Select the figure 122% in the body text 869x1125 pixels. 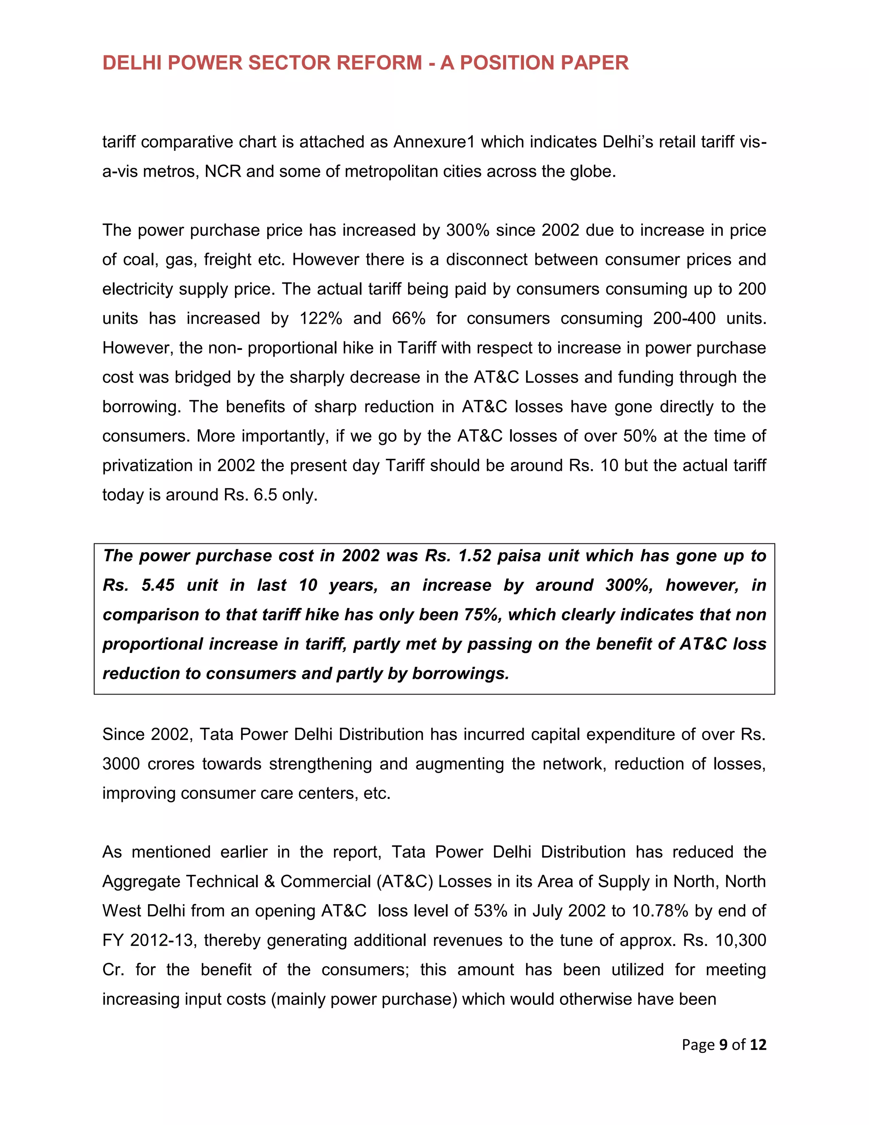tap(321, 318)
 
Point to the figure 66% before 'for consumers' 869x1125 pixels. tap(408, 318)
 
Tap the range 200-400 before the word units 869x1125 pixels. tap(684, 318)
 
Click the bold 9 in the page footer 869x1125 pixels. tap(723, 1045)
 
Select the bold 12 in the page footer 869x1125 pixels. tap(758, 1045)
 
